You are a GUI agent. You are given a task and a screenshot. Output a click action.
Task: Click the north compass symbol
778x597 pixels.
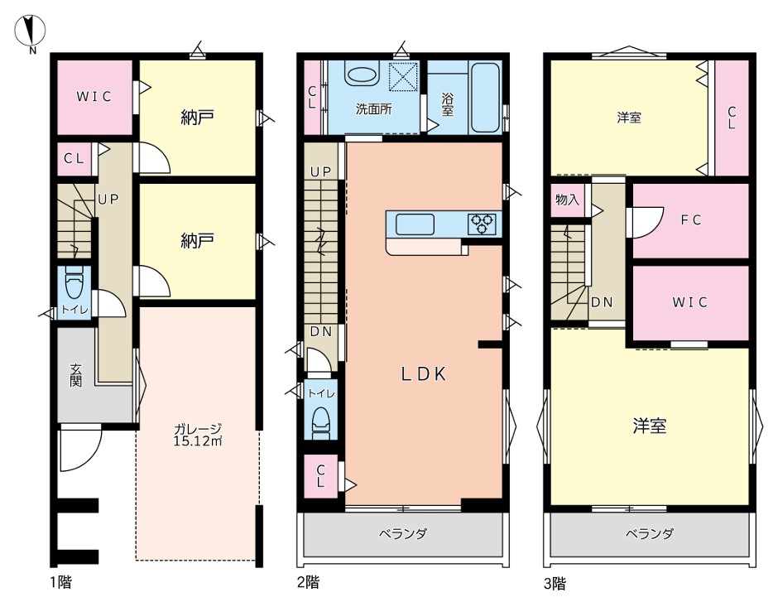coord(30,30)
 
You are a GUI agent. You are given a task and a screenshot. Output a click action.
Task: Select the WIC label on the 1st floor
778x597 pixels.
coord(94,96)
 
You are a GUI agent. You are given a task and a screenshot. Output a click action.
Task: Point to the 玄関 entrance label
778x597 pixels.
coord(75,375)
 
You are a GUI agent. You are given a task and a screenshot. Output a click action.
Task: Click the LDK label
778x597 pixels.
coord(424,373)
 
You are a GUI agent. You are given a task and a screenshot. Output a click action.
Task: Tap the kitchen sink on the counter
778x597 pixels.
coord(415,224)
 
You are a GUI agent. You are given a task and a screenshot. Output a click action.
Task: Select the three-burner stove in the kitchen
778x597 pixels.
coord(482,224)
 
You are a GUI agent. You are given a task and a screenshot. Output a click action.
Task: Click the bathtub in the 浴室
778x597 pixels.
coord(485,97)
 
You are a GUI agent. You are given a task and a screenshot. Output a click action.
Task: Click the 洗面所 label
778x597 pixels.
coord(373,109)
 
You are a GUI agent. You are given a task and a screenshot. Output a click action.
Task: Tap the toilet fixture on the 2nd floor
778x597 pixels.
coord(321,424)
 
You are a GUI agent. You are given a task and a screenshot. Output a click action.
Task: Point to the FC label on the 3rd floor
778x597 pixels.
coord(691,220)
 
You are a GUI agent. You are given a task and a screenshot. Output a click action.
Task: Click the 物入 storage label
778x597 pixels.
coord(567,200)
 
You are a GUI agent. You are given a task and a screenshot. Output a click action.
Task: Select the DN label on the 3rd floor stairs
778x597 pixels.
coord(602,302)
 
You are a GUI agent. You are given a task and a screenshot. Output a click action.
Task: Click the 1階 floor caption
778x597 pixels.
coord(60,581)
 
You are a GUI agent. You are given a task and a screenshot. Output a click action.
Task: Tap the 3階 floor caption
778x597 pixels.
coord(555,583)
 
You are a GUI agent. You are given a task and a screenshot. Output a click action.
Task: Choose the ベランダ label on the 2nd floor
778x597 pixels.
coord(403,534)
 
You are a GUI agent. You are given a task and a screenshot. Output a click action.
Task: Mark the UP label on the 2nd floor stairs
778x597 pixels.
coord(320,171)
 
